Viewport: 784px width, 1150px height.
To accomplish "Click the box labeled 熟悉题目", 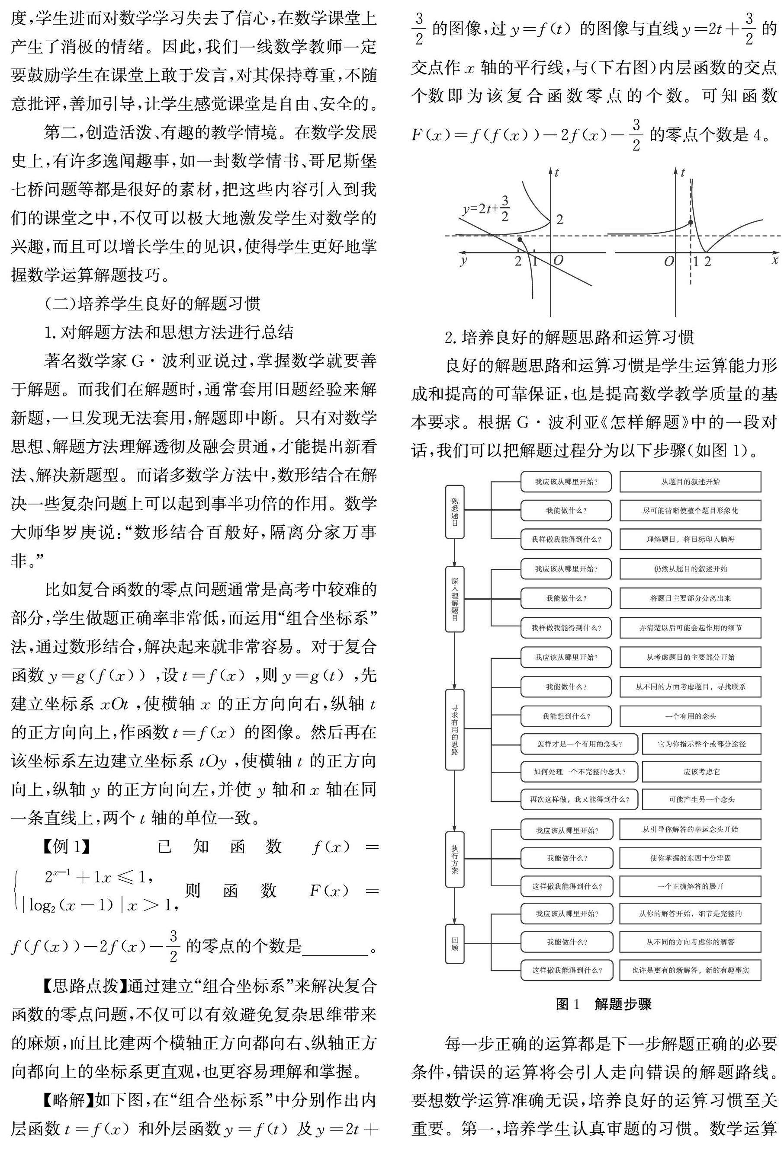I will click(x=455, y=511).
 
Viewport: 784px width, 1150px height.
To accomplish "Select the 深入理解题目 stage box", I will click(x=455, y=599).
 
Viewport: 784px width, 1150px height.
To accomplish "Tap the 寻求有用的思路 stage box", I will click(x=455, y=729).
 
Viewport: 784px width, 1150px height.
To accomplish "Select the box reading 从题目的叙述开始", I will click(x=690, y=482).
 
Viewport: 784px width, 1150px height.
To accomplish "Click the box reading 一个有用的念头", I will click(x=690, y=716).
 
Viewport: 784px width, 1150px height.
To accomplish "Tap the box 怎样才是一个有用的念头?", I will click(x=579, y=744).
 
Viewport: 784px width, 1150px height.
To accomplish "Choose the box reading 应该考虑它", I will click(x=701, y=771).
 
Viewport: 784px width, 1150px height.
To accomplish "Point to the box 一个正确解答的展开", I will click(x=690, y=886).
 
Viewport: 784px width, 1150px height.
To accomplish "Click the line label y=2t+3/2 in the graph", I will click(x=486, y=209).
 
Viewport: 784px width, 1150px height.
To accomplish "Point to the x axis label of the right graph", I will click(x=774, y=259).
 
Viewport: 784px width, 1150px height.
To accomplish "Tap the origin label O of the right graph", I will click(x=669, y=261).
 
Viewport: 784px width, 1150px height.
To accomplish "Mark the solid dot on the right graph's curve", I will click(x=691, y=223).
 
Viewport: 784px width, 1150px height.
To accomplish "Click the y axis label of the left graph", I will click(x=463, y=260).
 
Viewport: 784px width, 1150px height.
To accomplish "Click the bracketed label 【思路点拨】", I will click(x=82, y=986).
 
